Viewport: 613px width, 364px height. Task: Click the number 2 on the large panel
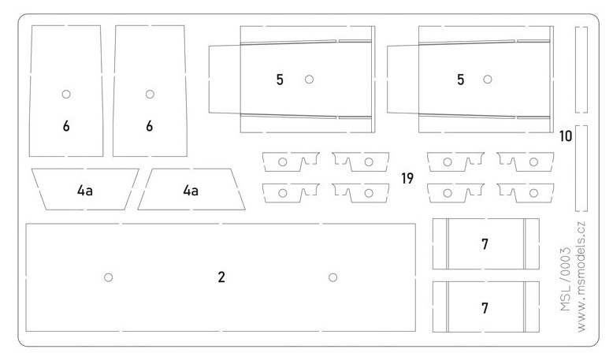(x=221, y=277)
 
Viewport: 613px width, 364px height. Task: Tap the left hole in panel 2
(x=109, y=277)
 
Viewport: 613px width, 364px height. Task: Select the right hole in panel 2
(x=333, y=277)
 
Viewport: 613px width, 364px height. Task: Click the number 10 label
(x=565, y=136)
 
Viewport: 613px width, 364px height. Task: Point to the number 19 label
(x=407, y=179)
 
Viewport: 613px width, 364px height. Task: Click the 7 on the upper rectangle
(x=485, y=244)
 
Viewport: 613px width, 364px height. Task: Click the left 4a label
(x=86, y=190)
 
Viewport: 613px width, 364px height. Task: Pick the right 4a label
(x=190, y=190)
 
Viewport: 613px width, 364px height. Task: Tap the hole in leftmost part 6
(x=67, y=94)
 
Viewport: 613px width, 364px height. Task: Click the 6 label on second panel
(x=149, y=126)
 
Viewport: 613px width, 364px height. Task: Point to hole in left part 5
(x=310, y=79)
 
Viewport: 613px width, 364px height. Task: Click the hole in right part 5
(x=488, y=79)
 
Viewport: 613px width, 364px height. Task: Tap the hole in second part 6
(x=150, y=94)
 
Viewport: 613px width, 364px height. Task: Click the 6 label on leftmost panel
(x=66, y=126)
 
